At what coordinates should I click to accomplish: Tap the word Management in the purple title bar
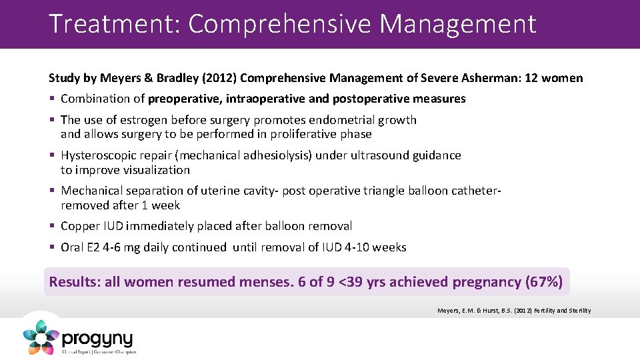point(458,24)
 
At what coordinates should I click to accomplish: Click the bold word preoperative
point(185,99)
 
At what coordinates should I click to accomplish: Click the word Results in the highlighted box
point(74,281)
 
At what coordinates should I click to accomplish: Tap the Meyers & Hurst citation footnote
point(513,310)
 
